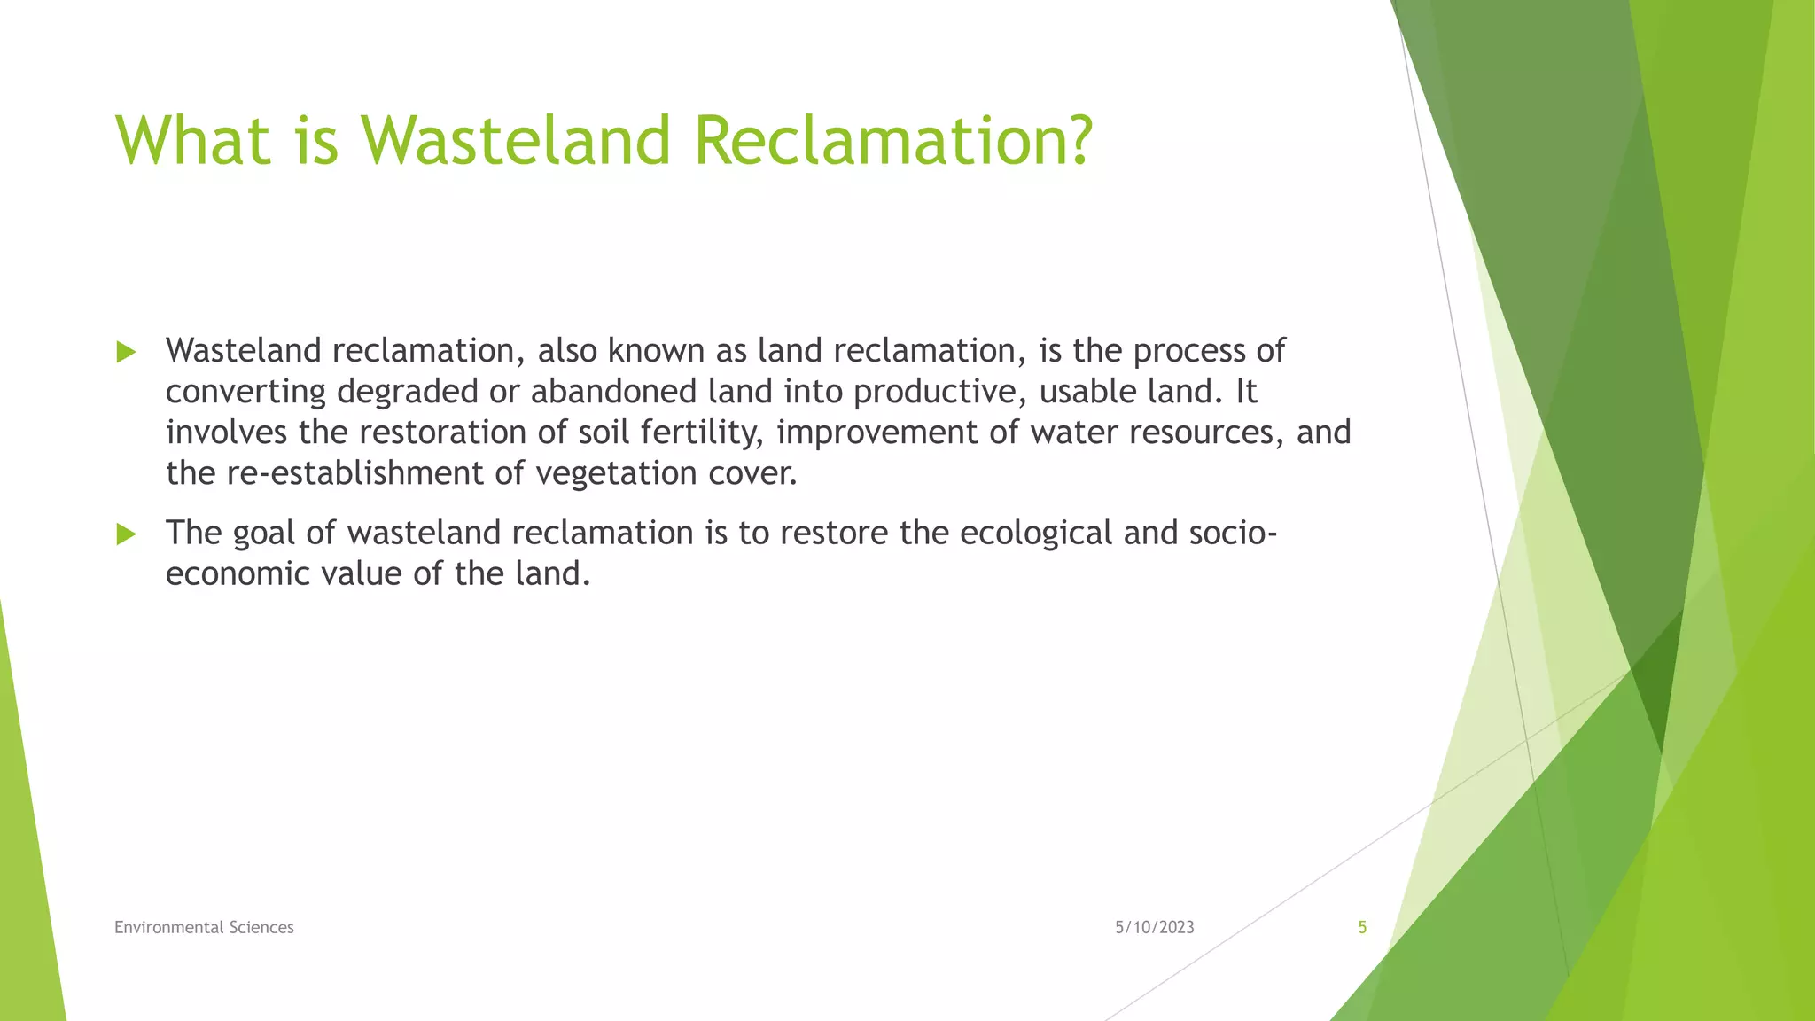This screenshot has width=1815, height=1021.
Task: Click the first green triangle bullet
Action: [126, 352]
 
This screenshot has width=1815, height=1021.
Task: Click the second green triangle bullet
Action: [126, 534]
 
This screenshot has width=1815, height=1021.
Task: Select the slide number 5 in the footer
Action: [1362, 927]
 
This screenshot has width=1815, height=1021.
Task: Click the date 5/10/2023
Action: [1154, 927]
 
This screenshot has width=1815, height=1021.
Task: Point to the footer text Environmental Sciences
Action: [204, 927]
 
